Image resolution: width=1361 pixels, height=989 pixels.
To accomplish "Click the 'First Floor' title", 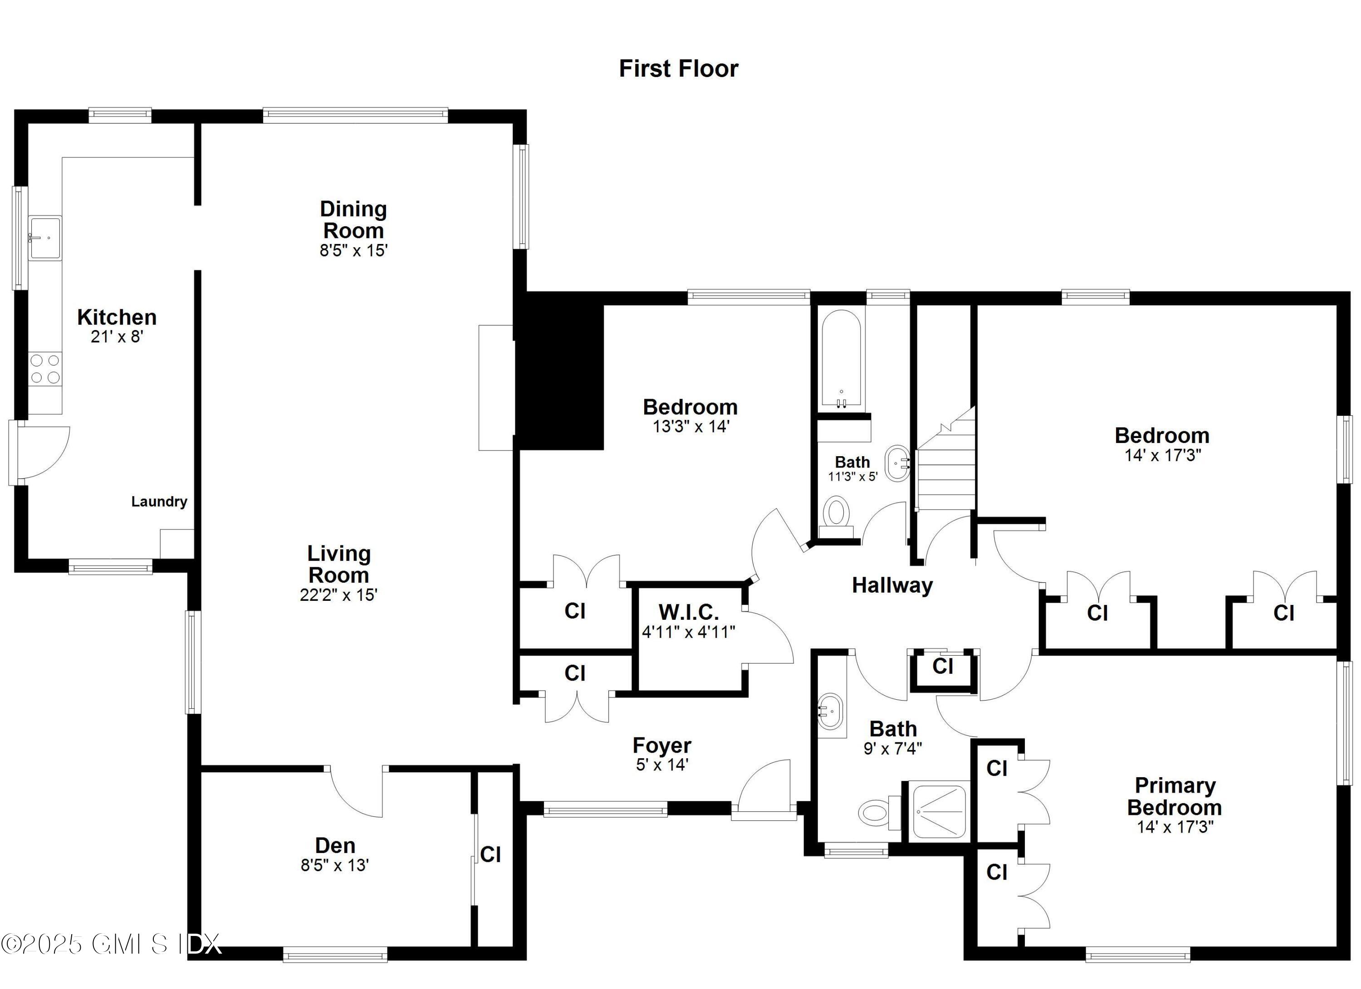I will coord(678,68).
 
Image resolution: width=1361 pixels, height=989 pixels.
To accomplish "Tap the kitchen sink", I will coord(45,238).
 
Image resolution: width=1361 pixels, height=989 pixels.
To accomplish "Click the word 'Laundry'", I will coord(159,502).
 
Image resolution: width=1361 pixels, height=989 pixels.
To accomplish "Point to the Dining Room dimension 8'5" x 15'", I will coord(353,251).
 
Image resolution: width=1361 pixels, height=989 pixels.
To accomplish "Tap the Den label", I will coord(335,845).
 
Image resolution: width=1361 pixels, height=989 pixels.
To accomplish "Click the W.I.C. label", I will coord(688,612).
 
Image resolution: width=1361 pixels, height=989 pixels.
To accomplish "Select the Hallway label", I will coord(892,585).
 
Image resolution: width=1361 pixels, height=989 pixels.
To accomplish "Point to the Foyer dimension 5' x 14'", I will coord(661,765).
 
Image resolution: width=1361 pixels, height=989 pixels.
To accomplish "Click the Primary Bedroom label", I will coord(1175,796).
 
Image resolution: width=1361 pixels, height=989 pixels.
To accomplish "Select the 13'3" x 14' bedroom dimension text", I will coord(690,426).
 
